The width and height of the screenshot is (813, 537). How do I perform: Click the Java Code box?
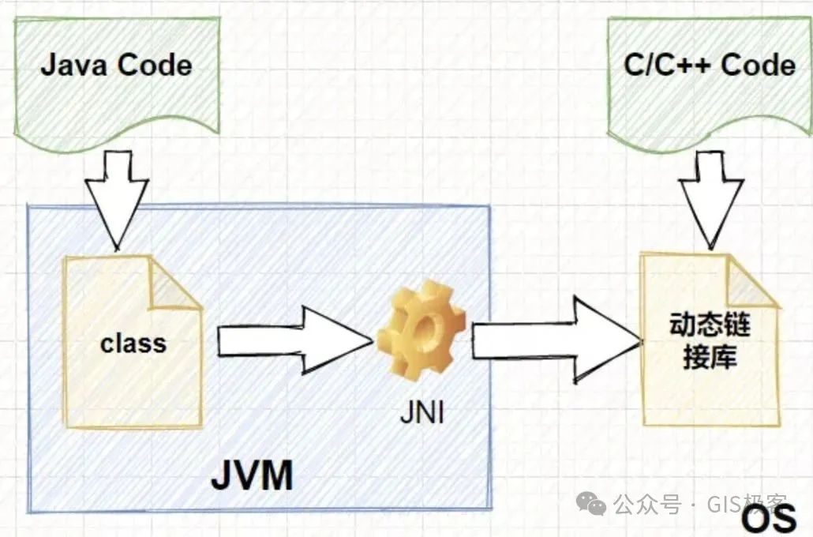tap(116, 79)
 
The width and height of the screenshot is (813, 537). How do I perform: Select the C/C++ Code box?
tap(708, 79)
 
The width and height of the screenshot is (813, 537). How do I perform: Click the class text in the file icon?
tap(133, 344)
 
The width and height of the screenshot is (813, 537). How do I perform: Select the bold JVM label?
tap(251, 476)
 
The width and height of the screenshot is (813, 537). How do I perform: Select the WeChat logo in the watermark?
tap(591, 504)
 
